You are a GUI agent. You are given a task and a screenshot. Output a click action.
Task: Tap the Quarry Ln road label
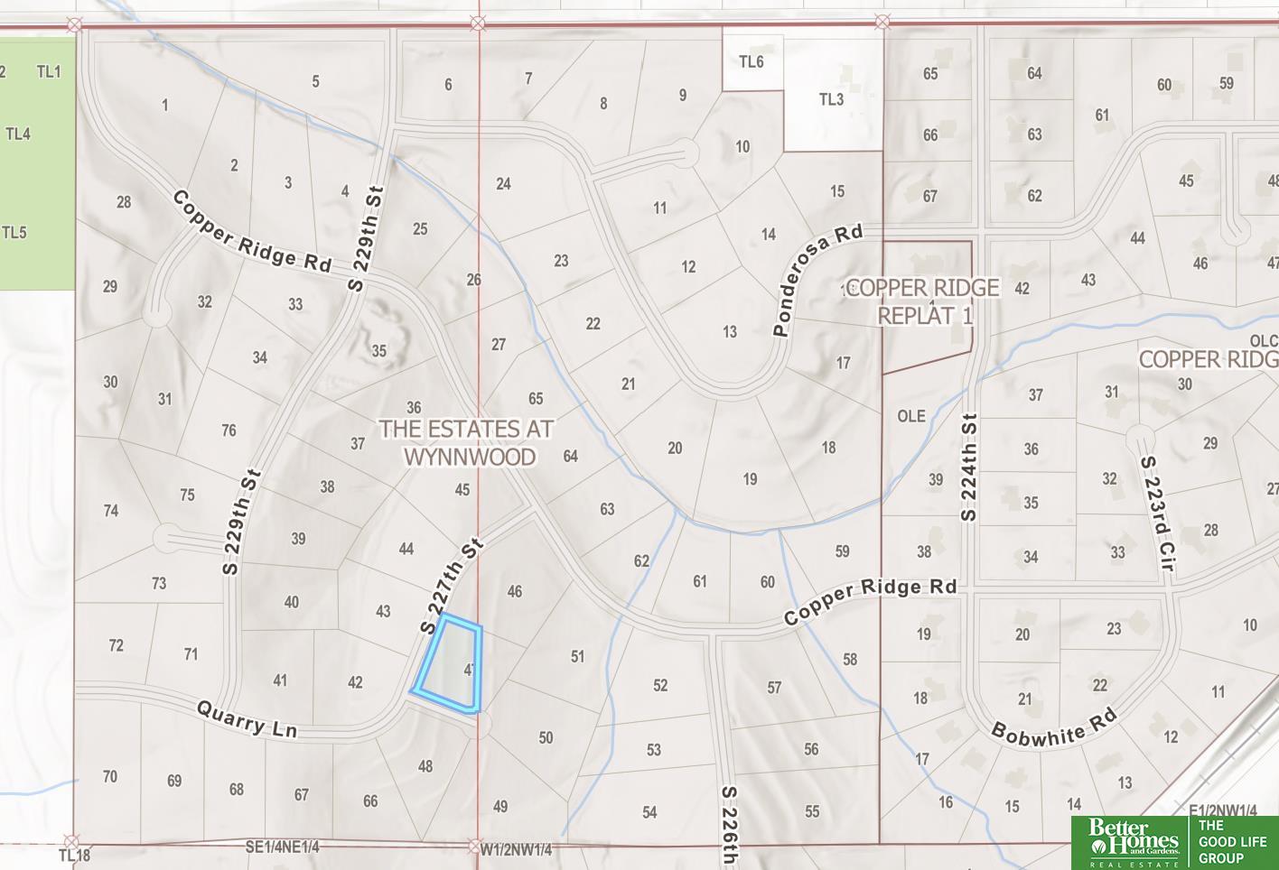247,720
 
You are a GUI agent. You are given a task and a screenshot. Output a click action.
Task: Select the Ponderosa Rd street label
817,280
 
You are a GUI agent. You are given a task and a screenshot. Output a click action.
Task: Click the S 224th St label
969,467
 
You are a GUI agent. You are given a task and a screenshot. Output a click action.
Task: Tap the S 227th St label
453,586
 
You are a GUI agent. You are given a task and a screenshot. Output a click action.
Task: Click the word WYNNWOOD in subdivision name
469,457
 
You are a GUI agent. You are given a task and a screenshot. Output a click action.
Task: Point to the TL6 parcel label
751,61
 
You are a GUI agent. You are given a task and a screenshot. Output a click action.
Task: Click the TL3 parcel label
831,99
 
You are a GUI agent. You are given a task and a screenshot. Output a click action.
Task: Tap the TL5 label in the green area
14,232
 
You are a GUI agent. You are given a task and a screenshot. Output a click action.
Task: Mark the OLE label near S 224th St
911,415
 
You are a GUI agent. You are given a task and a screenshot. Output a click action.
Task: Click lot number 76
229,430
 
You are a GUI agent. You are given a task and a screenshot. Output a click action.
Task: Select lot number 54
649,812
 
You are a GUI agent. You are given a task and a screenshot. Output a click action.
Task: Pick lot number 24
503,183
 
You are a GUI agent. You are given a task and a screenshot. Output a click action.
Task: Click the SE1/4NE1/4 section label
282,847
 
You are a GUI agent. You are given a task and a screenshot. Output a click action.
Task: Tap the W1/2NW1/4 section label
516,849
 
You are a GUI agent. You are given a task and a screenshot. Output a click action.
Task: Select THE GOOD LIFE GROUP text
1232,841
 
